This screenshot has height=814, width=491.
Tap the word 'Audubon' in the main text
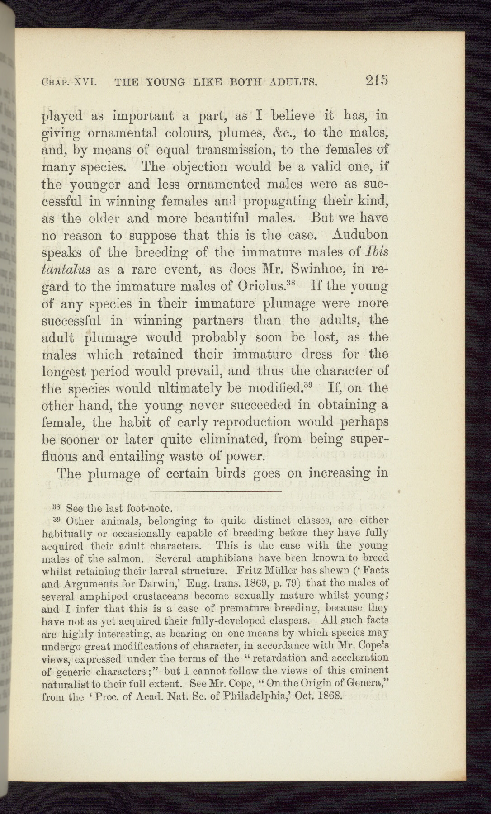point(360,235)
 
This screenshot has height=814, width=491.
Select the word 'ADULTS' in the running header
point(292,82)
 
